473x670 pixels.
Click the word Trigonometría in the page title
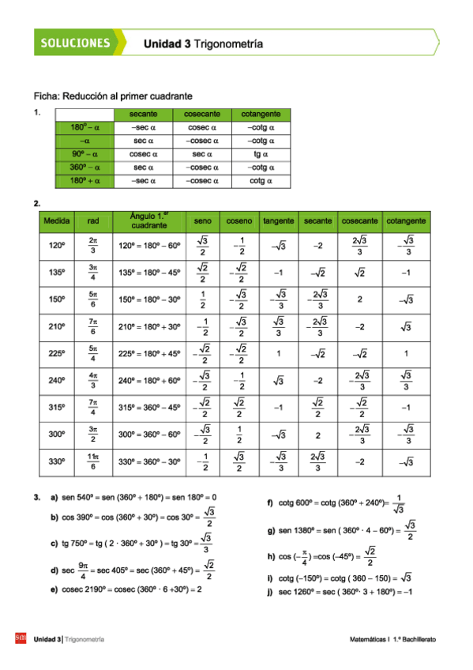(228, 45)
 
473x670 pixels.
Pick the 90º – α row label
(85, 154)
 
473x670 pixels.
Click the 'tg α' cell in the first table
(261, 154)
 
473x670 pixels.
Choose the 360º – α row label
(85, 167)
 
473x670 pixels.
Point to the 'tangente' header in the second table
(279, 220)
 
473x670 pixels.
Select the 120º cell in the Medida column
(57, 246)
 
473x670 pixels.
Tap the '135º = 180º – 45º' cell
(149, 273)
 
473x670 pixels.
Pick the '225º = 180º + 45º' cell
(149, 355)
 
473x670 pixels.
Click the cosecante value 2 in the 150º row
(359, 300)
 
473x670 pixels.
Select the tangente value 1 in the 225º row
(279, 355)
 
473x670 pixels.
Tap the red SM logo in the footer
(21, 638)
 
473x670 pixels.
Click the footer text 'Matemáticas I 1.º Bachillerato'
(394, 638)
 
